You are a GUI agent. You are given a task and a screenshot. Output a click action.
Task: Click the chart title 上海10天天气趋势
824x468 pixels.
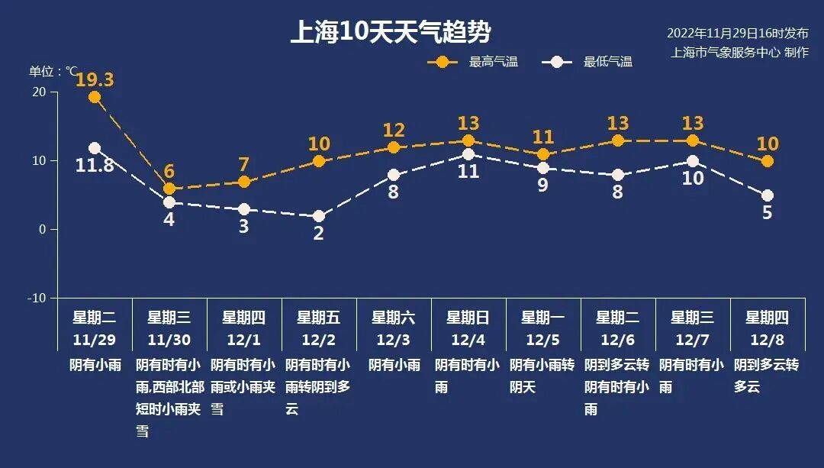click(x=390, y=32)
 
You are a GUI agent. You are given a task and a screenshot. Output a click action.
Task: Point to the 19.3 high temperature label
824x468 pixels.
click(x=95, y=79)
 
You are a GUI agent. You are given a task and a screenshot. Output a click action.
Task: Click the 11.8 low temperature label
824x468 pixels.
click(x=95, y=165)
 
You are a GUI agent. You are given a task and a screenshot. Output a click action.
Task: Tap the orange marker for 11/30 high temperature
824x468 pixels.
click(x=169, y=189)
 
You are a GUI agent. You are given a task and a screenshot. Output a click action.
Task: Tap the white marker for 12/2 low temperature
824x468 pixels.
click(x=319, y=216)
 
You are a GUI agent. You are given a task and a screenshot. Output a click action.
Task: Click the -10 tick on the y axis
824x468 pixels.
click(x=37, y=298)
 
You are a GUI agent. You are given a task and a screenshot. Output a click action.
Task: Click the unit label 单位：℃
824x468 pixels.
click(x=53, y=71)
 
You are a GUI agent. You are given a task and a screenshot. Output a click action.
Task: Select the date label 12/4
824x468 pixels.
click(x=468, y=338)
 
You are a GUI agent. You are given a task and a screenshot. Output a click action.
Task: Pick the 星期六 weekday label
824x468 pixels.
click(x=393, y=318)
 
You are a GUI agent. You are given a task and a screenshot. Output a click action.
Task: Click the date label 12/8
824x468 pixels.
click(x=767, y=338)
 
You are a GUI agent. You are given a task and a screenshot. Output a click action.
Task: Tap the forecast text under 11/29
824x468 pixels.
click(x=95, y=365)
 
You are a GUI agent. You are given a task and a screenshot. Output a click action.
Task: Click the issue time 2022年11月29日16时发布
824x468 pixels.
click(x=737, y=34)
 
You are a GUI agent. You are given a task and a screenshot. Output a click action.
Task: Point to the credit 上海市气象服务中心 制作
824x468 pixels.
click(x=739, y=53)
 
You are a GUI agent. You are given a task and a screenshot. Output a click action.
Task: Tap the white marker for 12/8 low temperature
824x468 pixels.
click(x=768, y=195)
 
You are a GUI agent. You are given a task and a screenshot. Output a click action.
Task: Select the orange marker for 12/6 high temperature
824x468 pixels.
click(x=618, y=140)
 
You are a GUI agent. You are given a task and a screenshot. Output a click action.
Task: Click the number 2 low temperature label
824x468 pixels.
click(x=319, y=234)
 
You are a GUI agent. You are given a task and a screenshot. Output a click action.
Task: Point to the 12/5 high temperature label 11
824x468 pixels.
click(x=542, y=137)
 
